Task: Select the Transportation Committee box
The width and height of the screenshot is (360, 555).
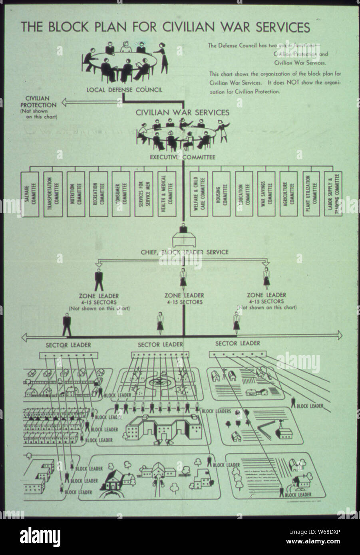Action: point(53,194)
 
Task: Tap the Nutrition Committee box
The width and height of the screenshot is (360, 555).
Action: point(76,194)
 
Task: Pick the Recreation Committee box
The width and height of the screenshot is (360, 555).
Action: point(98,194)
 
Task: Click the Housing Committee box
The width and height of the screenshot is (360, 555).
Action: point(221,194)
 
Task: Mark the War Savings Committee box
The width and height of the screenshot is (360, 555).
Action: point(267,194)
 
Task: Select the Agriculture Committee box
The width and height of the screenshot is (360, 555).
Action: point(289,194)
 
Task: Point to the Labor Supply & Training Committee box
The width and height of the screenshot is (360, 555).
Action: point(333,194)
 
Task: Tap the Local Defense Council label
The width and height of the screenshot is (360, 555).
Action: point(124,89)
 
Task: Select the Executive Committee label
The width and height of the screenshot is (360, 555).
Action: point(183,157)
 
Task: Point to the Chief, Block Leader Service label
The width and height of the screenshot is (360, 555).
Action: point(185,252)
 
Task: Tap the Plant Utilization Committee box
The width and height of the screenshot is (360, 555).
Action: point(312,194)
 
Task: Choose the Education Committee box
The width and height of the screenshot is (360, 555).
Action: point(244,194)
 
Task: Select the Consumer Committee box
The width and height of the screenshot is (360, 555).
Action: point(121,194)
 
